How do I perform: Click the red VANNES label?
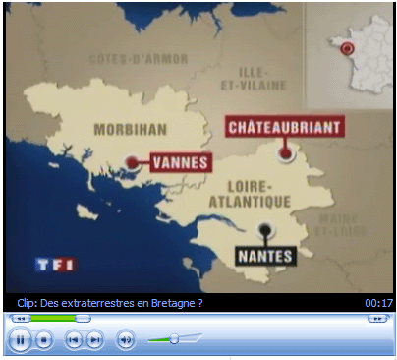coord(182,160)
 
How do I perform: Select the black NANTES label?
coord(265,256)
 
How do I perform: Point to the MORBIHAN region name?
coord(127,129)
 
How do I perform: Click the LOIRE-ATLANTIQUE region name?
coord(252,193)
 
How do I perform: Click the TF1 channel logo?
coord(55,264)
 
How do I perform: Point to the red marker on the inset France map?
coord(346,48)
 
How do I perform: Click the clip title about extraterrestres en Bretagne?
coord(110,303)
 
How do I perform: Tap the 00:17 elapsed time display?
coord(378,303)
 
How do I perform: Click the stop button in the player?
coord(43,340)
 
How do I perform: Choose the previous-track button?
coord(73,340)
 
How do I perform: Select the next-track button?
coord(94,340)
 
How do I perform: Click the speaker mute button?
coord(126,340)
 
